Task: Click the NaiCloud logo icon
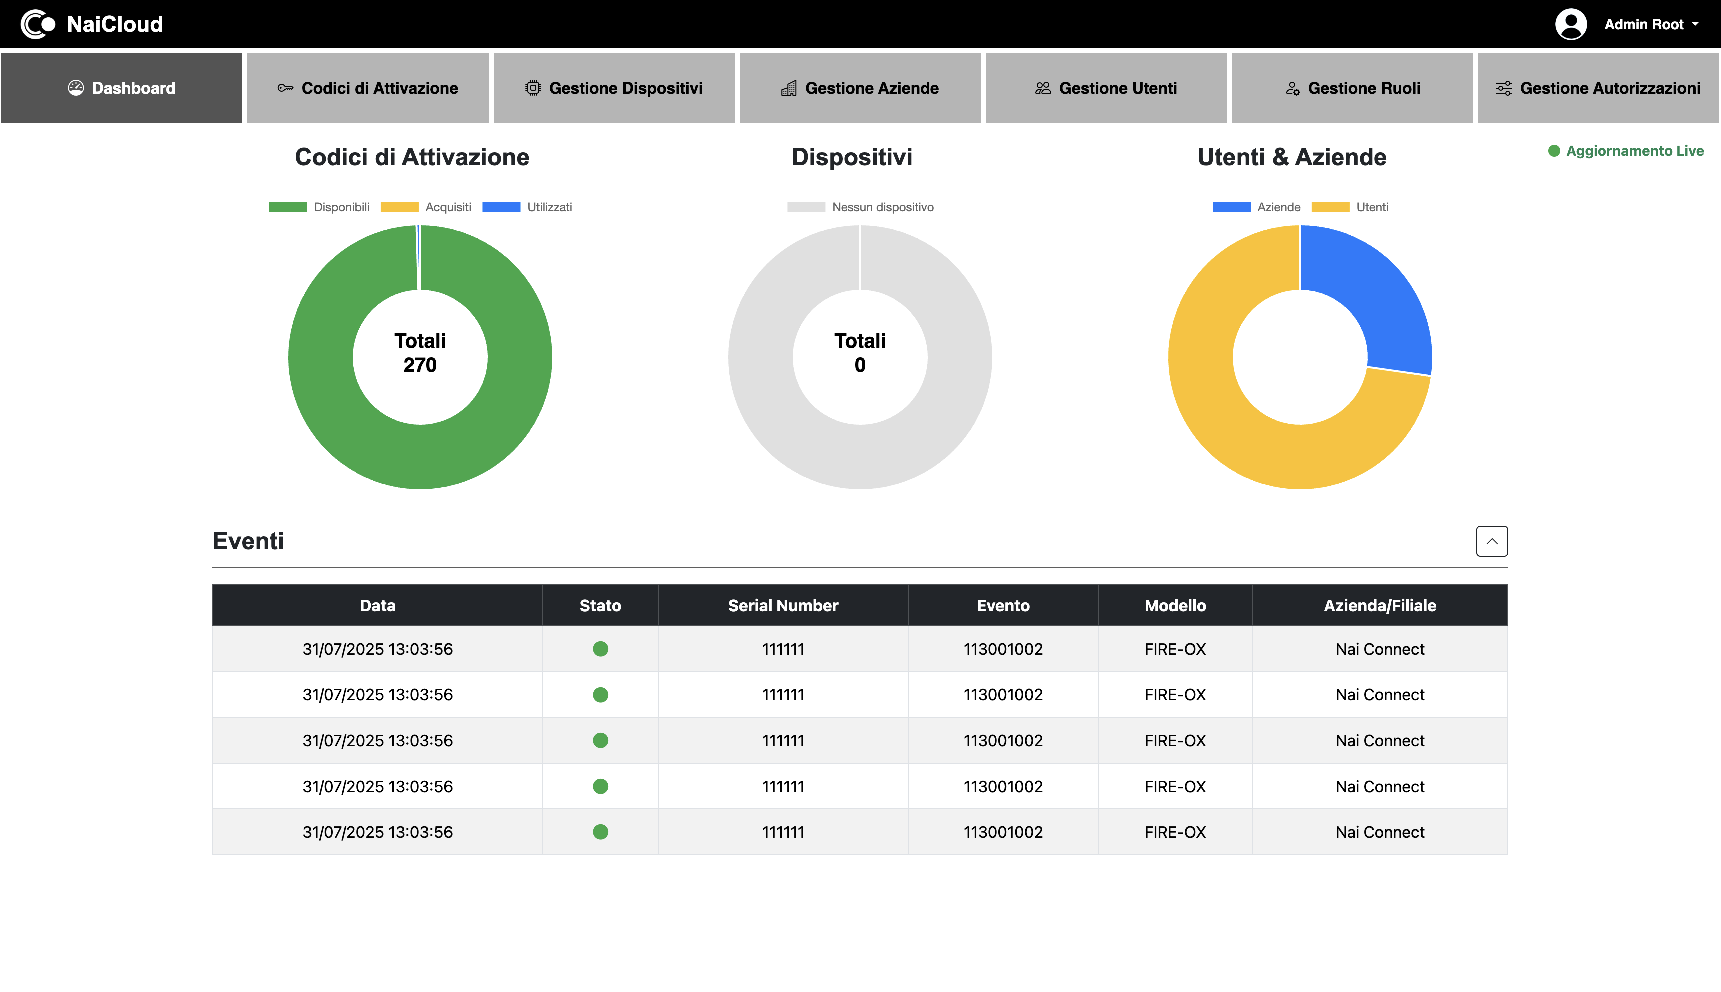[37, 24]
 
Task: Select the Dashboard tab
[122, 88]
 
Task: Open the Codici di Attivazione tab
[368, 88]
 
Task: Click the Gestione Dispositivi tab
[614, 88]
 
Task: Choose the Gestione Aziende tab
[860, 88]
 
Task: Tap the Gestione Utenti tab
[1106, 88]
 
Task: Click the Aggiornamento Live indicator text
[1634, 151]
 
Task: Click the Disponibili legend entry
[319, 207]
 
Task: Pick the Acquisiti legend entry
[426, 207]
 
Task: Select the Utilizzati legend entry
[527, 207]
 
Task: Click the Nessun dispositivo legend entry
[861, 207]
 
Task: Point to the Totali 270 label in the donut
[420, 353]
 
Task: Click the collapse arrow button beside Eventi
[1492, 541]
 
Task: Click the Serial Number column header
[783, 606]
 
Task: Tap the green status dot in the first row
[600, 649]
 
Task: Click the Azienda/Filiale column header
[1380, 606]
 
